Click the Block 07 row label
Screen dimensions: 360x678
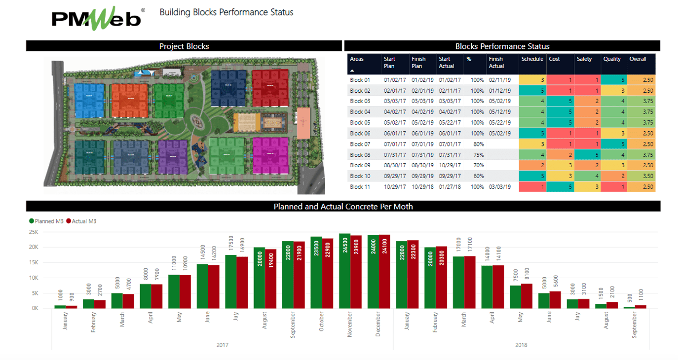(x=360, y=144)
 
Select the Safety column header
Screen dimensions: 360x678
(x=584, y=59)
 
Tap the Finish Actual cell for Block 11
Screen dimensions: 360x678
(x=500, y=187)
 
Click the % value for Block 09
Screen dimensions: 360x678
(x=478, y=165)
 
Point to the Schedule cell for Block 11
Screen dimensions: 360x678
(x=532, y=187)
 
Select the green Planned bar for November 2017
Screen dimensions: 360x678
(x=344, y=271)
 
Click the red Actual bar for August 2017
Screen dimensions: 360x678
(x=270, y=279)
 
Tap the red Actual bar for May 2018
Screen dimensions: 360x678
(x=527, y=296)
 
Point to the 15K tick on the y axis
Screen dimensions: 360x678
(x=33, y=262)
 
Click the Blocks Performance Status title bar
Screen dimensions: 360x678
(x=502, y=46)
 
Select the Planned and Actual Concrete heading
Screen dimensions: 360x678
(x=343, y=207)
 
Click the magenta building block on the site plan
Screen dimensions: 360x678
(x=270, y=155)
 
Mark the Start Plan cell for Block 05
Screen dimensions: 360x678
(x=394, y=123)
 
